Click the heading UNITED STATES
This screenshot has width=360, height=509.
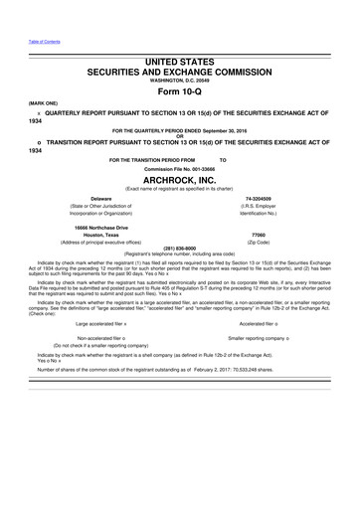click(x=179, y=62)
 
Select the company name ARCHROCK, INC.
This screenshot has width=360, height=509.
click(x=179, y=180)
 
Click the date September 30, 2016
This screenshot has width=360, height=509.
click(x=229, y=131)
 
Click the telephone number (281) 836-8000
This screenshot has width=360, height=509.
click(x=179, y=250)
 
